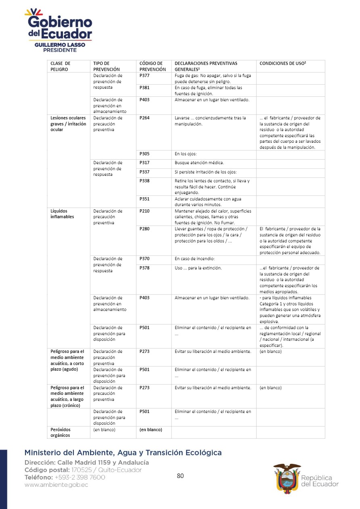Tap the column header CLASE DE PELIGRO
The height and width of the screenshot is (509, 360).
pyautogui.click(x=60, y=66)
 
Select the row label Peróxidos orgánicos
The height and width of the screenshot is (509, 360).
pyautogui.click(x=60, y=432)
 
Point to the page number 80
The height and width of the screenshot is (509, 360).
pyautogui.click(x=180, y=476)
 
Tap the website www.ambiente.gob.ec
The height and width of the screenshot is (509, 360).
pyautogui.click(x=56, y=485)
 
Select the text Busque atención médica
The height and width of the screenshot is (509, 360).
pyautogui.click(x=199, y=163)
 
